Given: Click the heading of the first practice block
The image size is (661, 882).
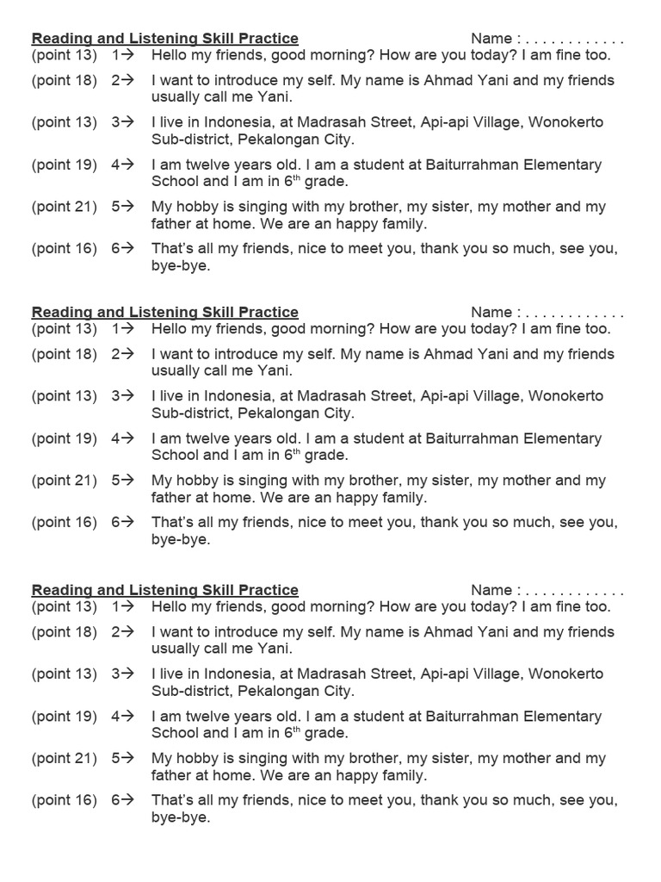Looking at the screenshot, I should (164, 39).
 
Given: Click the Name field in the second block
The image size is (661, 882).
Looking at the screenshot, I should (547, 312).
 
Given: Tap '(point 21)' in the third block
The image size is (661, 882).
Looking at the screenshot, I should (65, 758).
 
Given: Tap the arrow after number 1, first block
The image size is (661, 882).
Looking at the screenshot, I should (127, 55).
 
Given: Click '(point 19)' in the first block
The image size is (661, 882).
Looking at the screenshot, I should (65, 165).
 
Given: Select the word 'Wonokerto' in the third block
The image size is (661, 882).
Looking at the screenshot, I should (565, 674).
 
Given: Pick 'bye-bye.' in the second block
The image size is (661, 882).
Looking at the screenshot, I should (181, 540).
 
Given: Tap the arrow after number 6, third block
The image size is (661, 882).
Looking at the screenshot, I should (127, 800).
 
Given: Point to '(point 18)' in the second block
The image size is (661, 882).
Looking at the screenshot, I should (65, 354).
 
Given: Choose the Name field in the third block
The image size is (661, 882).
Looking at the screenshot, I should (547, 590).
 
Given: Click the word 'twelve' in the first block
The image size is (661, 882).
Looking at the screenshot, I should (211, 165).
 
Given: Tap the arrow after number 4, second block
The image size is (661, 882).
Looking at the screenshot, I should (127, 438).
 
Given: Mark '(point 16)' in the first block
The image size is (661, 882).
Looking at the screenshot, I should (65, 249).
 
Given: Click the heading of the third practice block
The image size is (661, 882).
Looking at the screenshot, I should (164, 590).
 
